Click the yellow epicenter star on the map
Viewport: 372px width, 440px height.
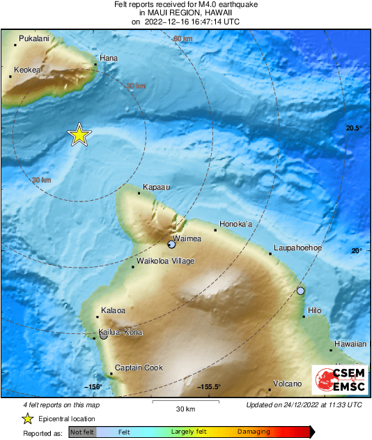coord(79,135)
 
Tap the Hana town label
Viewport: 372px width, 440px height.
coord(108,58)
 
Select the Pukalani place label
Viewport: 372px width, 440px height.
coord(34,39)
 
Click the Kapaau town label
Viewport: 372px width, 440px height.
coord(155,187)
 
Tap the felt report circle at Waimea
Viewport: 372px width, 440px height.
coord(171,244)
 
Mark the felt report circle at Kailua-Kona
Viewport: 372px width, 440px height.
coord(103,335)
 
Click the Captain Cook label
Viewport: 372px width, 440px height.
coord(139,367)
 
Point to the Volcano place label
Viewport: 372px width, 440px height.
coord(287,384)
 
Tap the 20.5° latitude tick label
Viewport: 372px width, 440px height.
coord(355,128)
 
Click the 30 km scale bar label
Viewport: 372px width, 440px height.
coord(185,409)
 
